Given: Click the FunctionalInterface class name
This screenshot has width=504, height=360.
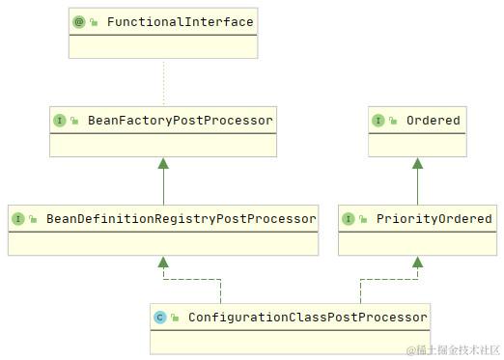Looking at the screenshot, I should click(x=180, y=21).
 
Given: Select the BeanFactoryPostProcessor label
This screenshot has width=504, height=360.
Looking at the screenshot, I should click(x=180, y=121).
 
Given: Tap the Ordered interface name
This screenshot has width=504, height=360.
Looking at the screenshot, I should click(x=433, y=121).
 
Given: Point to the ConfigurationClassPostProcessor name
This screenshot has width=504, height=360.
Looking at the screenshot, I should click(x=307, y=317).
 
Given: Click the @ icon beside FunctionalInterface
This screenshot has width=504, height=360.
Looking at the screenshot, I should click(x=79, y=21).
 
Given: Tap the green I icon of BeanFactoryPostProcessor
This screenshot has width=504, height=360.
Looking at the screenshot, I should click(x=60, y=121).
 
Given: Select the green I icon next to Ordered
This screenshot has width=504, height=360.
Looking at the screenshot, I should click(x=378, y=121).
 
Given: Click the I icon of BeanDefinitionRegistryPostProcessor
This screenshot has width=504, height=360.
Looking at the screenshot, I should click(x=18, y=219).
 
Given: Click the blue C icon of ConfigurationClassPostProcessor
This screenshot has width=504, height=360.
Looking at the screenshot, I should click(x=160, y=317).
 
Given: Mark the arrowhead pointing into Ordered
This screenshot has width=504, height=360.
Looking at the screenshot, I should click(x=417, y=163).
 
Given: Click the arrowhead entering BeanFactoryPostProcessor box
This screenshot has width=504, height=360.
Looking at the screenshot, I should click(x=163, y=163).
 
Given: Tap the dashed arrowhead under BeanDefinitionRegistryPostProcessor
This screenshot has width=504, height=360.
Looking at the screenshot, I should click(x=163, y=262).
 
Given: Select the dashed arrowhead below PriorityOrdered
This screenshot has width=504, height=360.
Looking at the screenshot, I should click(x=417, y=262).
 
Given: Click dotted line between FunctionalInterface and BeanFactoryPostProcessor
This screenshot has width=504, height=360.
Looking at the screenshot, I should click(x=163, y=82).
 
